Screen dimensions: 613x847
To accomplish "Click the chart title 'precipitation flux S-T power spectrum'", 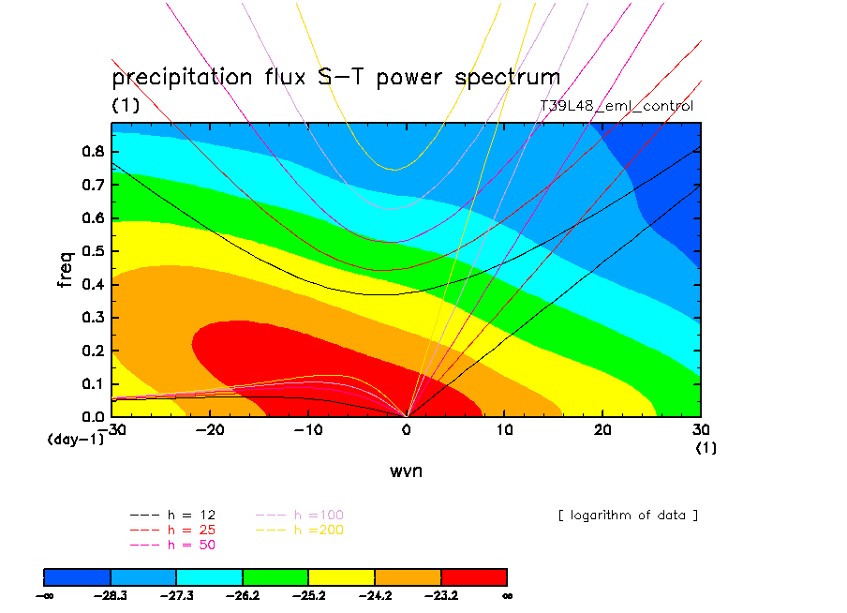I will [x=335, y=77].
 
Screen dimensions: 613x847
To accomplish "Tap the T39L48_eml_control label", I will [x=617, y=106].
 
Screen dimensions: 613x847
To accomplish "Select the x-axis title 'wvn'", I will [x=406, y=471].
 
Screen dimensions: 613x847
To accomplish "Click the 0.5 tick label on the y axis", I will [x=94, y=251].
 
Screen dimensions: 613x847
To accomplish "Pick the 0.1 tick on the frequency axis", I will [x=94, y=383].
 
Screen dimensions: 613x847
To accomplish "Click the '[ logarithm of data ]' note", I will [x=628, y=515].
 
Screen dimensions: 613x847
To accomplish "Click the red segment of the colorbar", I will [x=474, y=576].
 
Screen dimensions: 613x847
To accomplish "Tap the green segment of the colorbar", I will [x=275, y=576].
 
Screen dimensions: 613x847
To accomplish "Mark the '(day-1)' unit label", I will [x=75, y=439].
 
